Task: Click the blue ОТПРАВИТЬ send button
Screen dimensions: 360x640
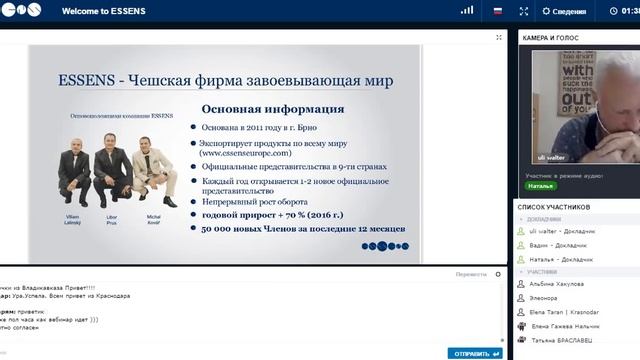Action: pyautogui.click(x=476, y=353)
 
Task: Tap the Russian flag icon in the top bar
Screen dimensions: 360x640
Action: pyautogui.click(x=497, y=12)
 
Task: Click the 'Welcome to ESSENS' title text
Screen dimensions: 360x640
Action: pyautogui.click(x=100, y=12)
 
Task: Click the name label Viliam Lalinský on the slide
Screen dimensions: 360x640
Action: pyautogui.click(x=74, y=218)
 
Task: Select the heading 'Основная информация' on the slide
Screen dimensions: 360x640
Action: pyautogui.click(x=273, y=109)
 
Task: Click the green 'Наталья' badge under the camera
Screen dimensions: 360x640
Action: pyautogui.click(x=541, y=186)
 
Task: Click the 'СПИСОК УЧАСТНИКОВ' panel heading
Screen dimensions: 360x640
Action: pyautogui.click(x=556, y=206)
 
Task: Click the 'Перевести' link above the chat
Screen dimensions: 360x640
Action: pyautogui.click(x=470, y=273)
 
